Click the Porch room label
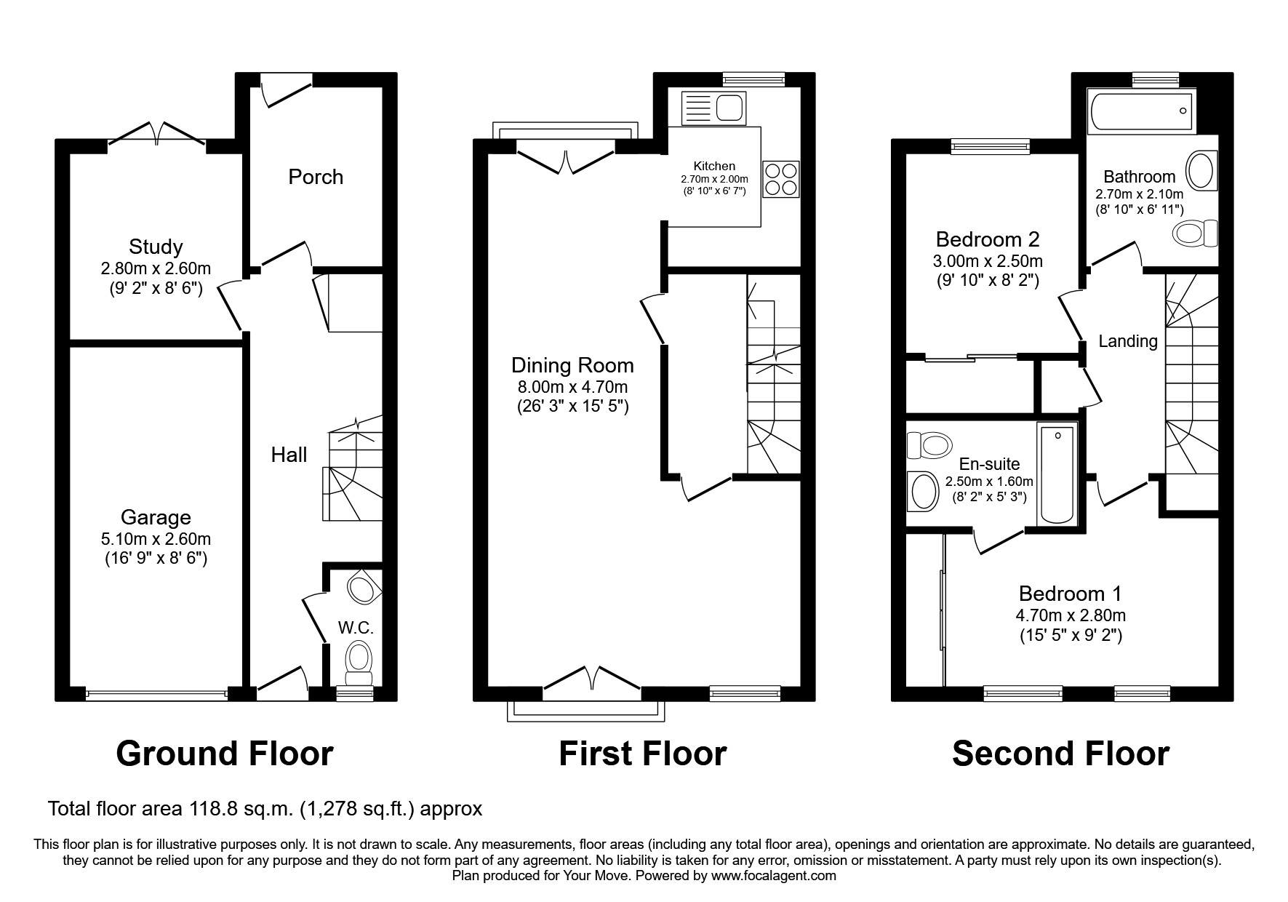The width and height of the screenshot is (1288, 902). click(x=315, y=177)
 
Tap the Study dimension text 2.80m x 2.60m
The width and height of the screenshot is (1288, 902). click(x=156, y=268)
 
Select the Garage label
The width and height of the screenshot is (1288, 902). click(x=156, y=517)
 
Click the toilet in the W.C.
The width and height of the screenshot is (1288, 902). click(x=358, y=660)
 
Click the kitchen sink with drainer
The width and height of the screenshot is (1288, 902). click(x=713, y=108)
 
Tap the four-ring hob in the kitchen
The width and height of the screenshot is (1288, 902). click(x=780, y=179)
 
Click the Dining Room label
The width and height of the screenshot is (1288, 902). click(x=572, y=365)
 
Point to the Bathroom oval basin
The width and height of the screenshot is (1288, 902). click(x=1201, y=171)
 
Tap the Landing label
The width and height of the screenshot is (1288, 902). click(x=1127, y=341)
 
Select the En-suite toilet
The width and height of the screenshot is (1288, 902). click(x=929, y=444)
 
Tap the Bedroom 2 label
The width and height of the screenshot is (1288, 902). click(x=987, y=239)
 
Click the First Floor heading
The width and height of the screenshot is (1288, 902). click(x=642, y=754)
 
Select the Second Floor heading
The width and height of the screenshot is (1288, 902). click(x=1060, y=754)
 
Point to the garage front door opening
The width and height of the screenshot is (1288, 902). click(x=156, y=695)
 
